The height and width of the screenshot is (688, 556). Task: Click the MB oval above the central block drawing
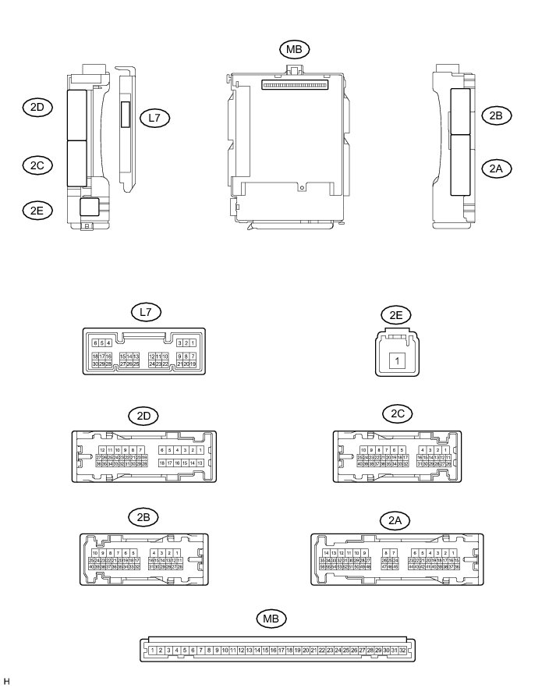294,49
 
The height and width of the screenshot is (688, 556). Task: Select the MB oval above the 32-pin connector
271,619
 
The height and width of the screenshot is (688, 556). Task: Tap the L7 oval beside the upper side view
154,118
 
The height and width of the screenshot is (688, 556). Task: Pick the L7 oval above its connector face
144,312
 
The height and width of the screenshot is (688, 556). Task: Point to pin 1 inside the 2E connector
398,361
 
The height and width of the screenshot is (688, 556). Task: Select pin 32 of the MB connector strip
402,650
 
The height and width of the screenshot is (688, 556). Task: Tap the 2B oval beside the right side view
496,115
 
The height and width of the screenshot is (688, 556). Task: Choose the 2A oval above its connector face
395,520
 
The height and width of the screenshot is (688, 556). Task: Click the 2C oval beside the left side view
37,165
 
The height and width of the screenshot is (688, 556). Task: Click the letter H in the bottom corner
6,681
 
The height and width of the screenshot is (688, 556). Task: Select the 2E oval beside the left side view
37,209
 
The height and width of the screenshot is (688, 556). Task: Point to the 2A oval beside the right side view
496,167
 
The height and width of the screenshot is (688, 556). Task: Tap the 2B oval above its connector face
143,517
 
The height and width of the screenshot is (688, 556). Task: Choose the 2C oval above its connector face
397,413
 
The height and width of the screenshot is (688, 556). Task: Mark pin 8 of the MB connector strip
209,650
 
